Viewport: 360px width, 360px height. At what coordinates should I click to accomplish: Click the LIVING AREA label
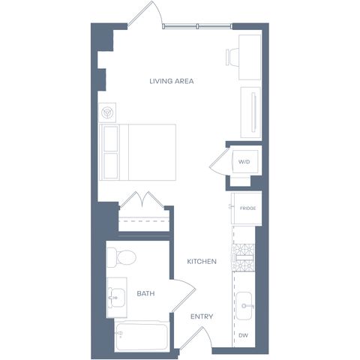click(172, 81)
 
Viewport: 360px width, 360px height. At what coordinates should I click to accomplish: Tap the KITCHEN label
click(202, 262)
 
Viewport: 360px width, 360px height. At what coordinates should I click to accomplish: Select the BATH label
click(145, 293)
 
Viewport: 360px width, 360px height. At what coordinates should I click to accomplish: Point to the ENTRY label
click(202, 316)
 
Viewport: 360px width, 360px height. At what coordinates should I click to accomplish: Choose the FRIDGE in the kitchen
click(247, 208)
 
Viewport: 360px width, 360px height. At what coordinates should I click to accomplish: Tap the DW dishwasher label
click(243, 335)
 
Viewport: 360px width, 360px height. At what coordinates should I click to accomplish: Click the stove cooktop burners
click(244, 257)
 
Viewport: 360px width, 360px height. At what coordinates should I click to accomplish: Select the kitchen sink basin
click(244, 306)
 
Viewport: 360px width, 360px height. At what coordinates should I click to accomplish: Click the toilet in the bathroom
click(121, 257)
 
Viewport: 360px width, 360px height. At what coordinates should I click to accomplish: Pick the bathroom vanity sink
click(117, 298)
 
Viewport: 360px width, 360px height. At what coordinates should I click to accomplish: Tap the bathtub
click(142, 336)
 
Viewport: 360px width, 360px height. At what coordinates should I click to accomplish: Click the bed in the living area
click(138, 152)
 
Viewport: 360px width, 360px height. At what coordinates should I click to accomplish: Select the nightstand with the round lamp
click(107, 112)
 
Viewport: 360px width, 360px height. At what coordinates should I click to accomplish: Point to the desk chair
click(232, 57)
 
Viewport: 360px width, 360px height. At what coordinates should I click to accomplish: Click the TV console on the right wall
click(250, 112)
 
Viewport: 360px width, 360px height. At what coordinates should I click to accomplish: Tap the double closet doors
click(142, 200)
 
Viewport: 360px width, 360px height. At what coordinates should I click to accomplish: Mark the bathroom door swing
click(184, 295)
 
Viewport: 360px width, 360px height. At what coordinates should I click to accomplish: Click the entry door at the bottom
click(196, 337)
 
